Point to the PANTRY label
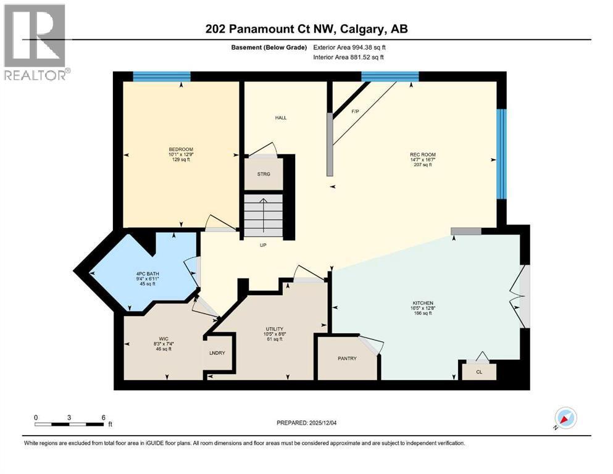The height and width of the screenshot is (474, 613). click(347, 359)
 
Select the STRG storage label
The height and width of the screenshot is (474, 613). click(264, 174)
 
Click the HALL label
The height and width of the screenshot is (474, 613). click(281, 118)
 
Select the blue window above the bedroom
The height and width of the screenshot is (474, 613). click(161, 77)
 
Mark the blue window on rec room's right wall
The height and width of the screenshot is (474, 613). click(502, 154)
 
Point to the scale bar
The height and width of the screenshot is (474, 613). click(70, 423)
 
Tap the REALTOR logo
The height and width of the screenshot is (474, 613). click(35, 43)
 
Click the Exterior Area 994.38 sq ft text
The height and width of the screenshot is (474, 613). click(351, 47)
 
